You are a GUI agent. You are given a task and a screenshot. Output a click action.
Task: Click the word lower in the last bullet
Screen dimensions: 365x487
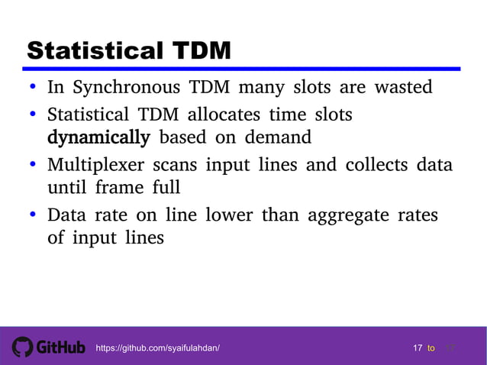(x=230, y=215)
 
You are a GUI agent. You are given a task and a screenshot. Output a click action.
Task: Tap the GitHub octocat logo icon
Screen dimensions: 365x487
(x=22, y=347)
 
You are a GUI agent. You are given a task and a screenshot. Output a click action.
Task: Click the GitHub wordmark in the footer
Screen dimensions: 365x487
(x=60, y=347)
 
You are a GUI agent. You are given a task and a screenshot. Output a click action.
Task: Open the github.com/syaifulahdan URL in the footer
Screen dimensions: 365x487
(x=157, y=348)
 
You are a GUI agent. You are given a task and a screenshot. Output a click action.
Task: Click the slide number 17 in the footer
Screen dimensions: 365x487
(x=418, y=348)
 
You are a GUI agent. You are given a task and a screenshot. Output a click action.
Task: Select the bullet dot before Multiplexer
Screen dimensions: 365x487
(x=34, y=166)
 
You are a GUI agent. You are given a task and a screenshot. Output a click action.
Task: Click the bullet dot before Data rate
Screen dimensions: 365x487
(x=34, y=215)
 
